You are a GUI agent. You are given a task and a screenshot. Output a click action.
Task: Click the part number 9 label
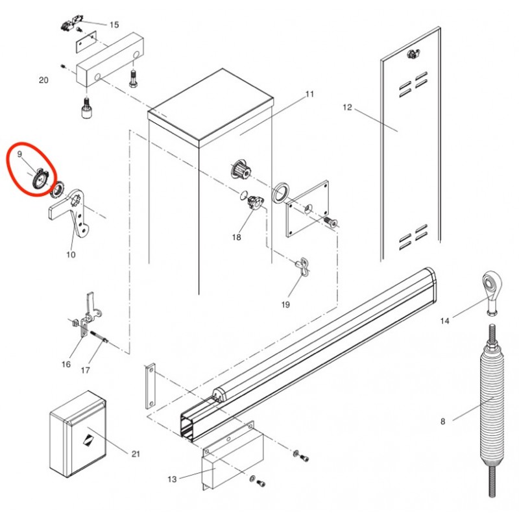point(19,154)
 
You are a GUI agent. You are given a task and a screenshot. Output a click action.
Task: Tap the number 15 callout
point(114,25)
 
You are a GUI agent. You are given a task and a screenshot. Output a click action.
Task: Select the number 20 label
point(43,80)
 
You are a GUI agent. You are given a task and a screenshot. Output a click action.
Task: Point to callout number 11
point(309,94)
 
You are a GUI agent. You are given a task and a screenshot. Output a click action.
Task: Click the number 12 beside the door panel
point(348,107)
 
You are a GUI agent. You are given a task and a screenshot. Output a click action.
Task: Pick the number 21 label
point(136,453)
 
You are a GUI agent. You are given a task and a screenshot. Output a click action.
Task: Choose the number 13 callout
point(172,479)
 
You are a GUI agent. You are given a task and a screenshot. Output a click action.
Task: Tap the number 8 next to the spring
point(443,421)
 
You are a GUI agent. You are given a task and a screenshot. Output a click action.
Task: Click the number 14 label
point(445,320)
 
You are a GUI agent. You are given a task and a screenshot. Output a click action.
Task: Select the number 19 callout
point(285,304)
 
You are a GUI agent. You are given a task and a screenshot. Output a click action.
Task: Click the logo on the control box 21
point(89,441)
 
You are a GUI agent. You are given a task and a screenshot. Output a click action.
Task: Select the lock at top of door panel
point(414,53)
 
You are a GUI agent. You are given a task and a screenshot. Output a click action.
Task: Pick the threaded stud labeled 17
point(99,337)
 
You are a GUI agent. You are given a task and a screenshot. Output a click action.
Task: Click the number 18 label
point(236,237)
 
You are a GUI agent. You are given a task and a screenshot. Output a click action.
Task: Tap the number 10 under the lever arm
point(71,254)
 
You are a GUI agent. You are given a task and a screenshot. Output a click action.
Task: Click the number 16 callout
point(66,364)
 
